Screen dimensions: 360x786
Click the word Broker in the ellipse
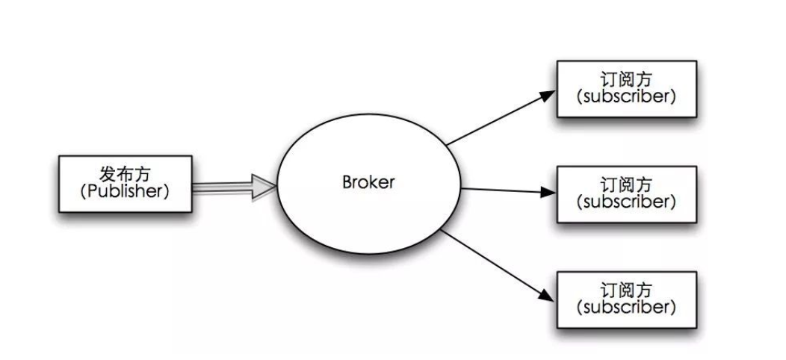click(x=368, y=182)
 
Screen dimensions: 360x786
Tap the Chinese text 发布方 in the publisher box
click(x=125, y=173)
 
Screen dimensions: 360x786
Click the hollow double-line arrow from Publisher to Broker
click(x=224, y=187)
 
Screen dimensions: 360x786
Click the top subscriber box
click(x=626, y=89)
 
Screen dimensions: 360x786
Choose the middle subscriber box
click(x=626, y=194)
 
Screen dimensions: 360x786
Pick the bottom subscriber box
click(x=626, y=300)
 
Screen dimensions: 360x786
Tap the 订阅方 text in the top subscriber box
click(x=626, y=79)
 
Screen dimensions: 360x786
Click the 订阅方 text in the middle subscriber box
click(x=626, y=184)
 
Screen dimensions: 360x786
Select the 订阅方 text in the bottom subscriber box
click(x=626, y=290)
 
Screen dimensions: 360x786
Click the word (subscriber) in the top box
click(x=626, y=97)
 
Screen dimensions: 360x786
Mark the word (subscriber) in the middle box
click(x=626, y=202)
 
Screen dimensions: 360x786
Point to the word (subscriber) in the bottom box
click(x=626, y=308)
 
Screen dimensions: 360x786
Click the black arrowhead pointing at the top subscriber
click(x=548, y=95)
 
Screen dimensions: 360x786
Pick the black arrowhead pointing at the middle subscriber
click(x=548, y=192)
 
